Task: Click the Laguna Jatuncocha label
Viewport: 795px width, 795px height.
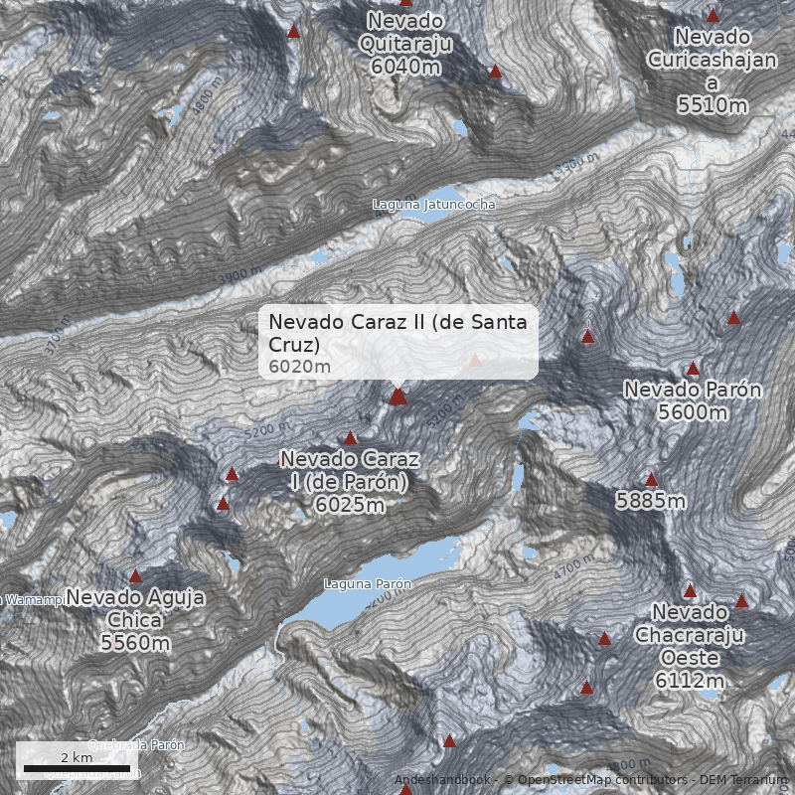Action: [x=433, y=205]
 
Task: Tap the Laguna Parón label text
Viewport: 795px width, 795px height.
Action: [x=367, y=584]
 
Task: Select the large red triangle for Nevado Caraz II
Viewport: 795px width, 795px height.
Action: [x=398, y=397]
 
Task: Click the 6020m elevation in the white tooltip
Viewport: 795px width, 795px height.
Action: [x=299, y=367]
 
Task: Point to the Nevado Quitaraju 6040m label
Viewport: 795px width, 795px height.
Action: [x=405, y=44]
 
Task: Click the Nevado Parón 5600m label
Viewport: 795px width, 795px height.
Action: [x=693, y=399]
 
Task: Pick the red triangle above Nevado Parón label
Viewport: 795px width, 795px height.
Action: [x=694, y=369]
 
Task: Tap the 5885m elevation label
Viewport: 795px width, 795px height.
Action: [x=651, y=501]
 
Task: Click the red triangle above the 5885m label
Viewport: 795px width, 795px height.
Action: [x=651, y=480]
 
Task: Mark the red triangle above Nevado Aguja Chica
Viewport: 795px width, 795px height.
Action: [x=135, y=575]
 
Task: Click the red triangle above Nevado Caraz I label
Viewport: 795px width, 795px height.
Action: [x=350, y=438]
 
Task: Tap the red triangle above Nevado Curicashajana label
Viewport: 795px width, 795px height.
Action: [x=713, y=15]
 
